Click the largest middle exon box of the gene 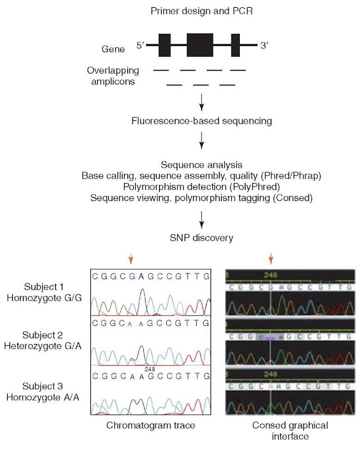(x=200, y=45)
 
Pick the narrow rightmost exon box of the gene (x=235, y=45)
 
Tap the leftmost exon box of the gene (x=164, y=45)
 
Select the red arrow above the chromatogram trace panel (x=130, y=259)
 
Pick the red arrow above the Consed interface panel (x=271, y=259)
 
